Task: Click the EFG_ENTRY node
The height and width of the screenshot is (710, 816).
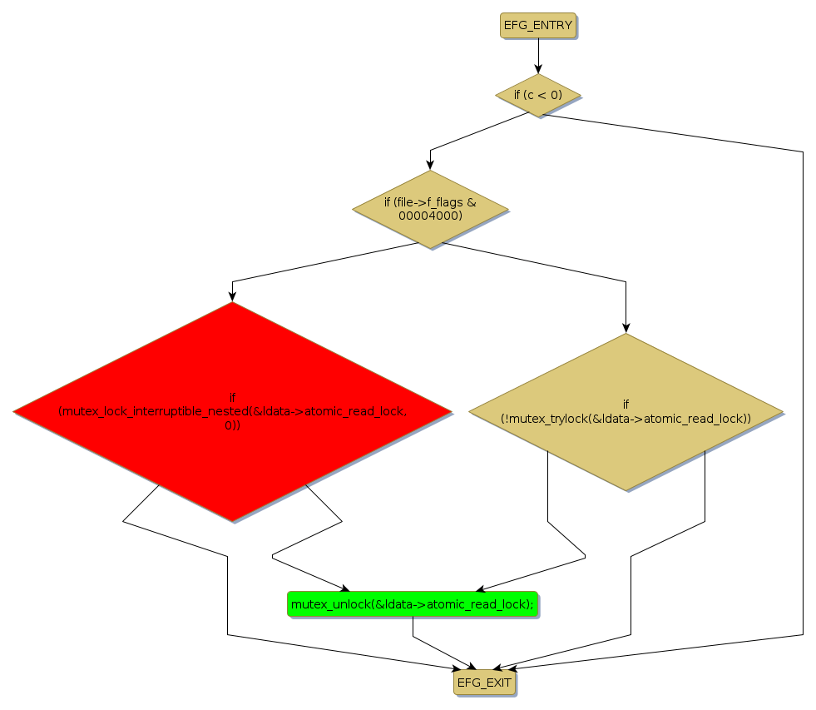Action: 538,25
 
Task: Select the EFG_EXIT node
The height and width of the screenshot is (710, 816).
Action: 484,683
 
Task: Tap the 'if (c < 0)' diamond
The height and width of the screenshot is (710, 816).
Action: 538,95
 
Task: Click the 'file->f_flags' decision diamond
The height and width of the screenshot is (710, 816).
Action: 430,209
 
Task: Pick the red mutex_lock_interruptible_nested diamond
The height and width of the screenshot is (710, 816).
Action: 232,411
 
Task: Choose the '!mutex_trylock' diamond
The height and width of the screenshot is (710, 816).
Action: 626,411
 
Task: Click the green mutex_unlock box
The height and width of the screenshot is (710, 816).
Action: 413,604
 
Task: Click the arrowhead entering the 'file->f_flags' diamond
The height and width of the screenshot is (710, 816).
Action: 430,165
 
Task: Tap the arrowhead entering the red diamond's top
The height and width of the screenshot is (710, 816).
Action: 232,295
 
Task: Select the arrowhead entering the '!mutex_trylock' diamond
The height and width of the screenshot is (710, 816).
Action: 626,327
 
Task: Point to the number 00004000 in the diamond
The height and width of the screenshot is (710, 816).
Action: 430,216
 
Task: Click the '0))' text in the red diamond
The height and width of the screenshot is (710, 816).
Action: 232,425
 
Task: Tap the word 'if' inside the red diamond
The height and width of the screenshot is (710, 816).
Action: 232,397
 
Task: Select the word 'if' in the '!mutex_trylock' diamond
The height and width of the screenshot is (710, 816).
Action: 626,404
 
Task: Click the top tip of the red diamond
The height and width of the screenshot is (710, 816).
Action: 232,302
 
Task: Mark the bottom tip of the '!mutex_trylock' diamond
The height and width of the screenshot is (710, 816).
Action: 626,489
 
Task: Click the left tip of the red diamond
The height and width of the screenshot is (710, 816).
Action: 14,411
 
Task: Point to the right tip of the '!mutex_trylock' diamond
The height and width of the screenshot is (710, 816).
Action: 783,411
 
